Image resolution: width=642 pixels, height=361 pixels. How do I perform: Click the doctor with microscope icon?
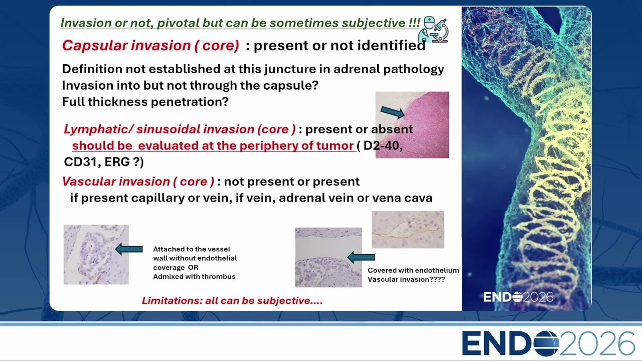(x=433, y=29)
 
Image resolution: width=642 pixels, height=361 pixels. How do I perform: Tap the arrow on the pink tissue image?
(x=392, y=112)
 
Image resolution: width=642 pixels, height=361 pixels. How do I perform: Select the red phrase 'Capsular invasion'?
(x=126, y=46)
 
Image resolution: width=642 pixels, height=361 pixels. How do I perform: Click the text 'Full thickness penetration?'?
(x=145, y=102)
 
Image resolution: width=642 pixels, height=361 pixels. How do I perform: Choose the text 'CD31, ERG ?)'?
(x=104, y=162)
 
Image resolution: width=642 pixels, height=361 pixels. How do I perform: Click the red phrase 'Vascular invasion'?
(x=116, y=182)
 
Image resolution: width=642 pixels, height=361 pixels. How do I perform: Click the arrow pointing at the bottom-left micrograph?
(x=129, y=249)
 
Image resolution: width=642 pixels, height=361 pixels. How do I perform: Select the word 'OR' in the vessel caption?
(x=193, y=267)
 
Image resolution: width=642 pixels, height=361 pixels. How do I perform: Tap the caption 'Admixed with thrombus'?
(x=194, y=276)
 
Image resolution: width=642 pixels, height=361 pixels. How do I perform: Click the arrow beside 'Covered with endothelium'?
(x=361, y=257)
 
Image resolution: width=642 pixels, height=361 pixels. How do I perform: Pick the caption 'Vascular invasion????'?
(x=406, y=279)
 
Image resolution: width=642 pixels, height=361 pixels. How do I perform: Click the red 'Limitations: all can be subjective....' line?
(x=232, y=300)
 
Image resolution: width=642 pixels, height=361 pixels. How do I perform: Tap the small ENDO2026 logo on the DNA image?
(x=518, y=297)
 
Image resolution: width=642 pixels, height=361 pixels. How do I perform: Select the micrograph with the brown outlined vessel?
(x=408, y=230)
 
